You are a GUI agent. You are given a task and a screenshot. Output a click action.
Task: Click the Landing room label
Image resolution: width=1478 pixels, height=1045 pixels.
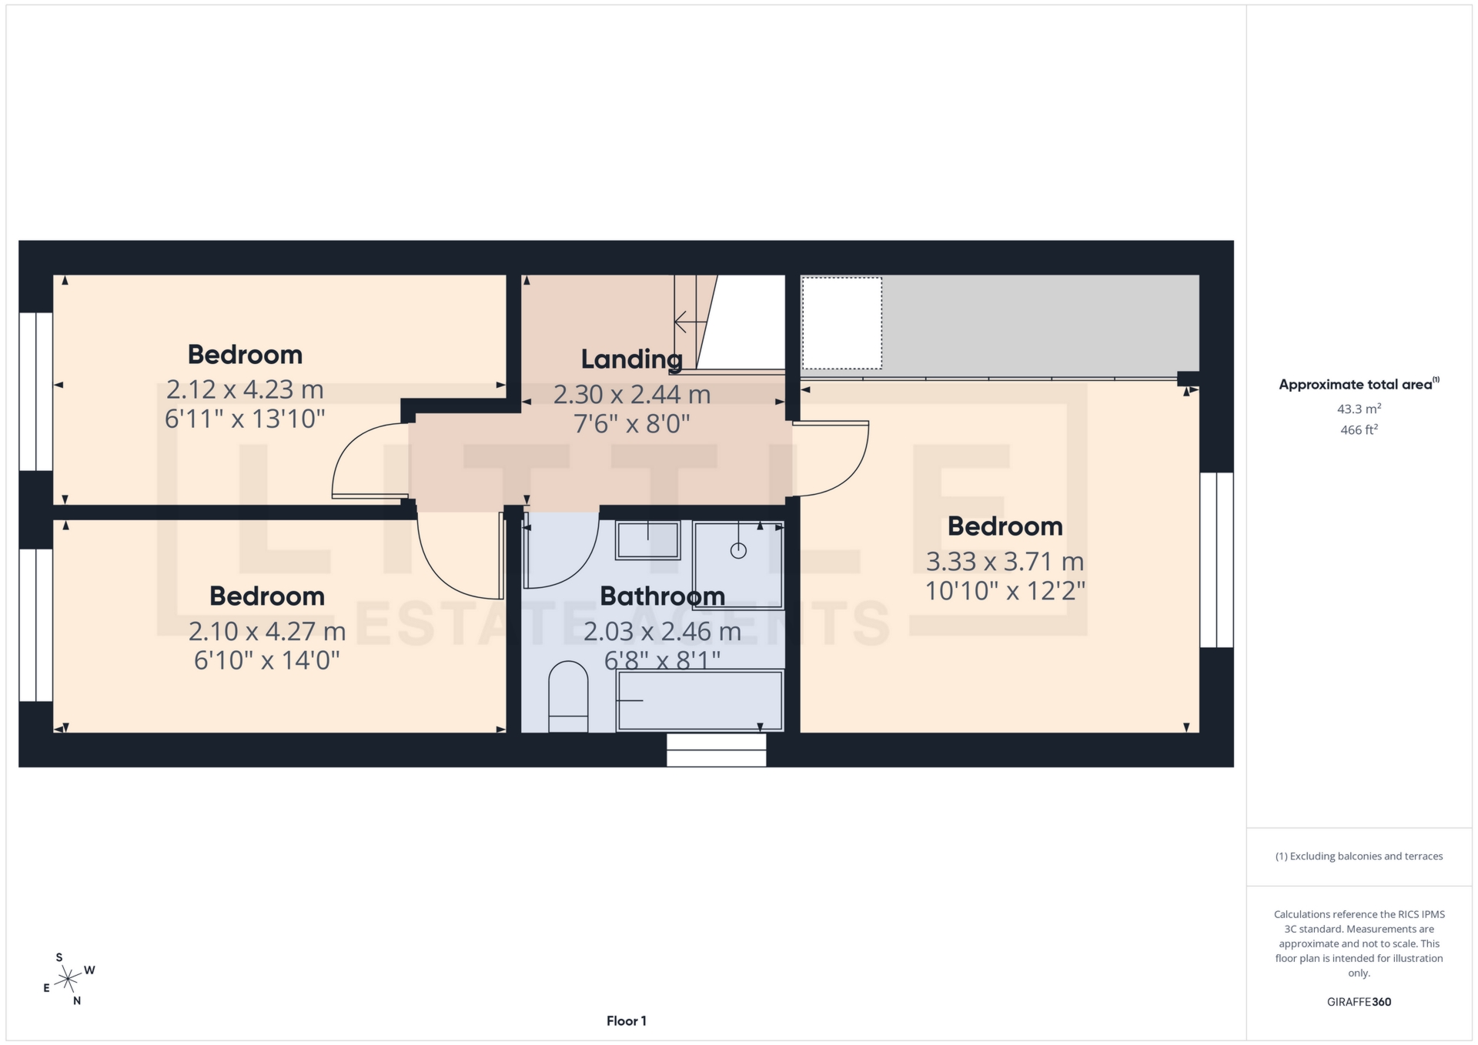click(631, 359)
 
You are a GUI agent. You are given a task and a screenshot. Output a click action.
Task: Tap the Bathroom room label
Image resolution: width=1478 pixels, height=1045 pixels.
click(662, 596)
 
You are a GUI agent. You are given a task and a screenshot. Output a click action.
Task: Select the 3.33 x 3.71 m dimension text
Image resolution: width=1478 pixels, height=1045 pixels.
click(1005, 562)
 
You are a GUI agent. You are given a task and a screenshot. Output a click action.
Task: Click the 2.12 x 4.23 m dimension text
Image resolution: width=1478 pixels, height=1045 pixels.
click(245, 389)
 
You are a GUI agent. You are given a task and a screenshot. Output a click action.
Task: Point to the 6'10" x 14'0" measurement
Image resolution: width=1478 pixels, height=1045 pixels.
click(267, 660)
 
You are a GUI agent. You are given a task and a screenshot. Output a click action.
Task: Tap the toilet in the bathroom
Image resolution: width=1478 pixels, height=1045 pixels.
click(568, 696)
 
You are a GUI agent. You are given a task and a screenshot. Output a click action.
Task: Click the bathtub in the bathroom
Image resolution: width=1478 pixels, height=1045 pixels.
click(700, 700)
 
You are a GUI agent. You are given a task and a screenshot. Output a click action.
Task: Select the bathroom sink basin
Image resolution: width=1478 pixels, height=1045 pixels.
click(647, 539)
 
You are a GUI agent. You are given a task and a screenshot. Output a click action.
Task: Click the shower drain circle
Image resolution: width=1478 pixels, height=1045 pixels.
click(738, 550)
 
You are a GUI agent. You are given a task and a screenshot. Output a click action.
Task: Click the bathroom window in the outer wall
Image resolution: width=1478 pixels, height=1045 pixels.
click(716, 750)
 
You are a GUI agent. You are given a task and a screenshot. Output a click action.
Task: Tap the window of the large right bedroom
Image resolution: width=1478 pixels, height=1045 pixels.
click(1216, 559)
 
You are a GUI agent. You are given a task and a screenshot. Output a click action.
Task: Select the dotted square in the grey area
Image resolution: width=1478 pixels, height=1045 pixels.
click(841, 323)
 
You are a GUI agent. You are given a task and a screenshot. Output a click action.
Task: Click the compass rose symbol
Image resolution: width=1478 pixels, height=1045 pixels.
click(69, 980)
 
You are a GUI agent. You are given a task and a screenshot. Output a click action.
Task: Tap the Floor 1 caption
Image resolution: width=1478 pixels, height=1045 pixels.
click(626, 1021)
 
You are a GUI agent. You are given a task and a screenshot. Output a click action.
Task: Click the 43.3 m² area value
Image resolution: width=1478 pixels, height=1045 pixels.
click(1359, 409)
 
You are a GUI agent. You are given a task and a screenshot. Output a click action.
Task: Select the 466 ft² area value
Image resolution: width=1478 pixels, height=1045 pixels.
click(1359, 430)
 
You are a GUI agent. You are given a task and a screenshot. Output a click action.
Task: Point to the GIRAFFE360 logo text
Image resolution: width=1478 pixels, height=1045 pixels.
click(1359, 1002)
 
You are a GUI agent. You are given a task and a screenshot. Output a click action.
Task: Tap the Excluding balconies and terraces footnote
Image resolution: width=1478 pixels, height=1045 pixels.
click(1359, 856)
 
